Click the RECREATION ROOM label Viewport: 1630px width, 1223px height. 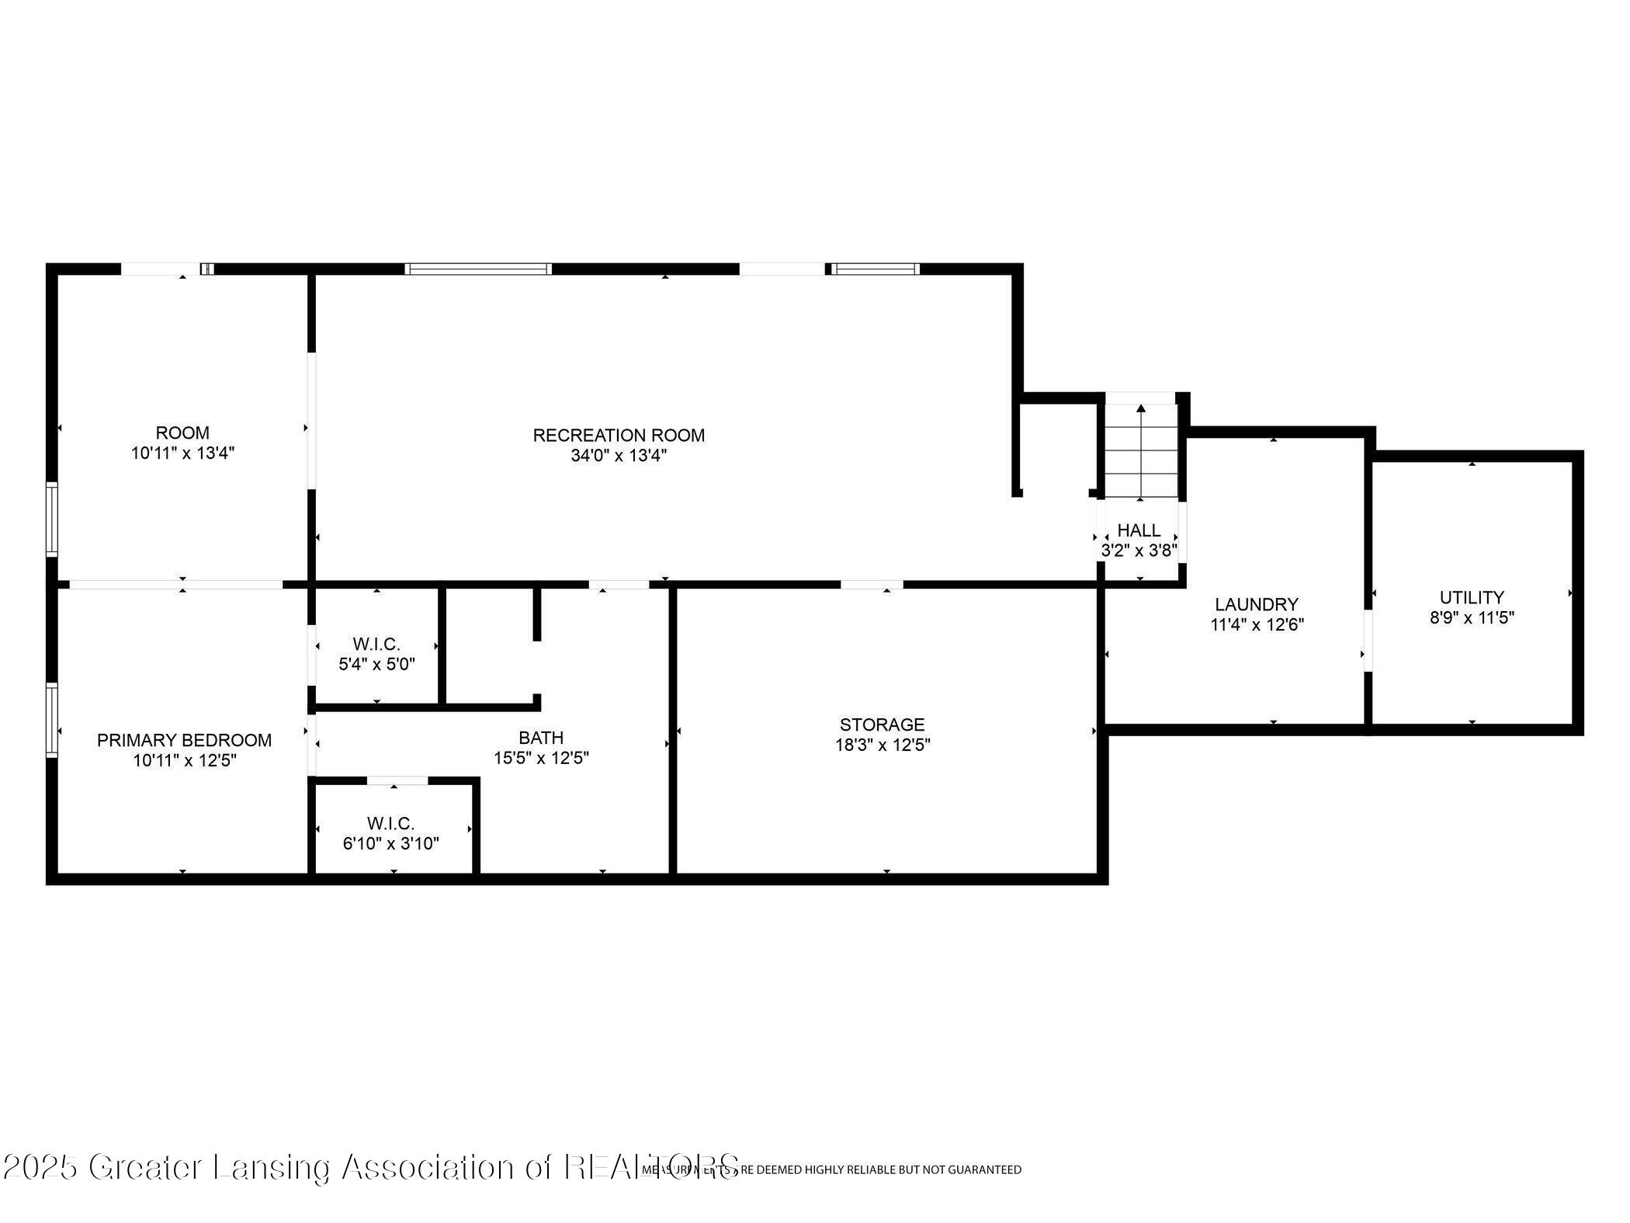[619, 436]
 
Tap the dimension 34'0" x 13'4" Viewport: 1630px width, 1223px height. [619, 456]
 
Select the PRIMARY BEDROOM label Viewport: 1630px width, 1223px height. [184, 741]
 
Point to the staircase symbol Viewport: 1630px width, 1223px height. [1140, 452]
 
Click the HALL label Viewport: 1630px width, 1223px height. [1139, 530]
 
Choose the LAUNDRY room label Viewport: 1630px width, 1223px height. [1257, 604]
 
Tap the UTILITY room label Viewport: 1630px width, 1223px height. [1472, 597]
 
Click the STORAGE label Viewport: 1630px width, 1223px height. [882, 724]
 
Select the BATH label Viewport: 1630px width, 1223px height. [541, 738]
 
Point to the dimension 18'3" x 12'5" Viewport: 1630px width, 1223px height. [882, 745]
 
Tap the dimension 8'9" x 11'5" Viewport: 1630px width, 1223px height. [1472, 618]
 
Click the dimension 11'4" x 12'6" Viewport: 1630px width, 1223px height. [1257, 624]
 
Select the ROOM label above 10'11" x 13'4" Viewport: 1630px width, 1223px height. [182, 433]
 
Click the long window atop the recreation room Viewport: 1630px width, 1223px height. [478, 269]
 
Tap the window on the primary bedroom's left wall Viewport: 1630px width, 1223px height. [52, 720]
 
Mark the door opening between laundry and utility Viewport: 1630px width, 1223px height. [1368, 641]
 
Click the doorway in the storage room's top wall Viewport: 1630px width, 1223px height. [872, 584]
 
